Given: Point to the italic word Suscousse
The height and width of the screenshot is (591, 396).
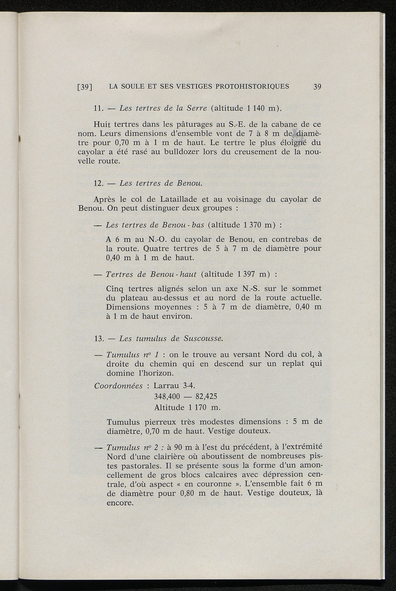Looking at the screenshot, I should (203, 339).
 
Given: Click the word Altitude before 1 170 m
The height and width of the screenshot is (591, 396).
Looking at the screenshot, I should (169, 407).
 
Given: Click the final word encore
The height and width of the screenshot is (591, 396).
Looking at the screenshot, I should (119, 503).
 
